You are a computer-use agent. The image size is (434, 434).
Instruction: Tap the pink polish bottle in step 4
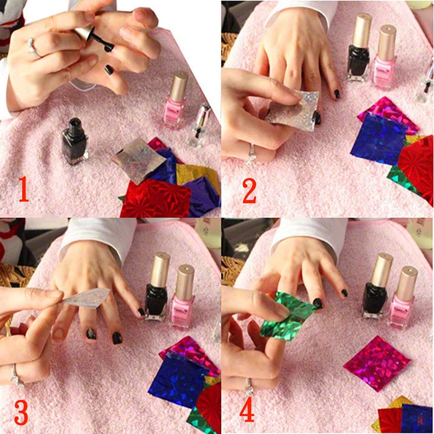(403, 299)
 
